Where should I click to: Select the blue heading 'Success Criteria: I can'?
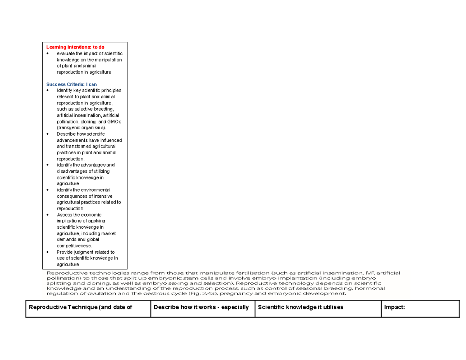[x=71, y=84]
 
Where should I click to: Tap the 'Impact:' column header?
[x=395, y=307]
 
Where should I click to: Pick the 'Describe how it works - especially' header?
[x=201, y=307]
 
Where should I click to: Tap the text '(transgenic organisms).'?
[x=81, y=128]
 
